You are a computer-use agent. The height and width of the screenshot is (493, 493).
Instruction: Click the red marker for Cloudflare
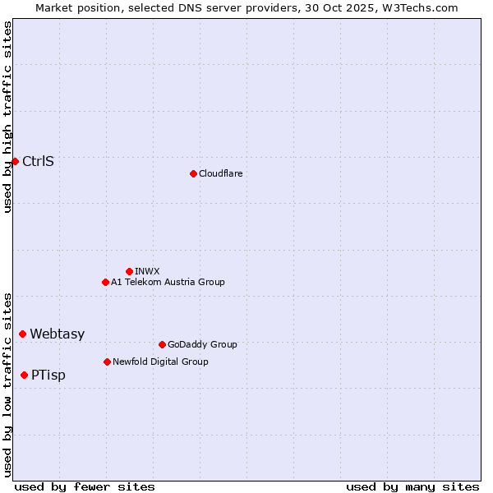(193, 173)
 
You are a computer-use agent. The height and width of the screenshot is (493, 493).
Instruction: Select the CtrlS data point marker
(15, 161)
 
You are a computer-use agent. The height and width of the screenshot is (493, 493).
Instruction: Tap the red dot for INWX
(129, 271)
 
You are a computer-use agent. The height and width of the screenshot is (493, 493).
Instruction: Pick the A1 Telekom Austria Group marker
(105, 282)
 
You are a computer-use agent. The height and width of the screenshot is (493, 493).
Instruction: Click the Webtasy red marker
(22, 334)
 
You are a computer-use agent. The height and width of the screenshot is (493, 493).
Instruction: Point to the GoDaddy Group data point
(162, 344)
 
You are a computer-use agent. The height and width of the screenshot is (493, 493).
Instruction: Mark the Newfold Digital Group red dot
(107, 362)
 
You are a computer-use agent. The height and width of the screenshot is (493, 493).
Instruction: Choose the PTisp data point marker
(24, 375)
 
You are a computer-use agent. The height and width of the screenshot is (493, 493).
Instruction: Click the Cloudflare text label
(220, 173)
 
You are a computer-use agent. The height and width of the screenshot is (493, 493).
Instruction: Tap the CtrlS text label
(38, 161)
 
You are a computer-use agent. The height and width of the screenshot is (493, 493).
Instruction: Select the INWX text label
(147, 271)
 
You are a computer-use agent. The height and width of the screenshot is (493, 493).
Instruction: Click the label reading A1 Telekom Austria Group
(168, 282)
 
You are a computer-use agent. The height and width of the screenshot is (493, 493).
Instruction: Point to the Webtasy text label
(57, 334)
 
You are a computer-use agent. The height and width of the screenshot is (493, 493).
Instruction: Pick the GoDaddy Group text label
(201, 344)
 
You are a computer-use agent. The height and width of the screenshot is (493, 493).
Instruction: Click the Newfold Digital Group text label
(160, 362)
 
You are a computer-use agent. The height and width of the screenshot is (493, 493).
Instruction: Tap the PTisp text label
(48, 375)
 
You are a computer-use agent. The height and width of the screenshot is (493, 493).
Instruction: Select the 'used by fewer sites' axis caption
(85, 486)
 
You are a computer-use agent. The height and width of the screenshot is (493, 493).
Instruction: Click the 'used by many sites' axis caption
(412, 486)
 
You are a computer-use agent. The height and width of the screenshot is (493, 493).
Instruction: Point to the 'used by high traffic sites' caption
(7, 117)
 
